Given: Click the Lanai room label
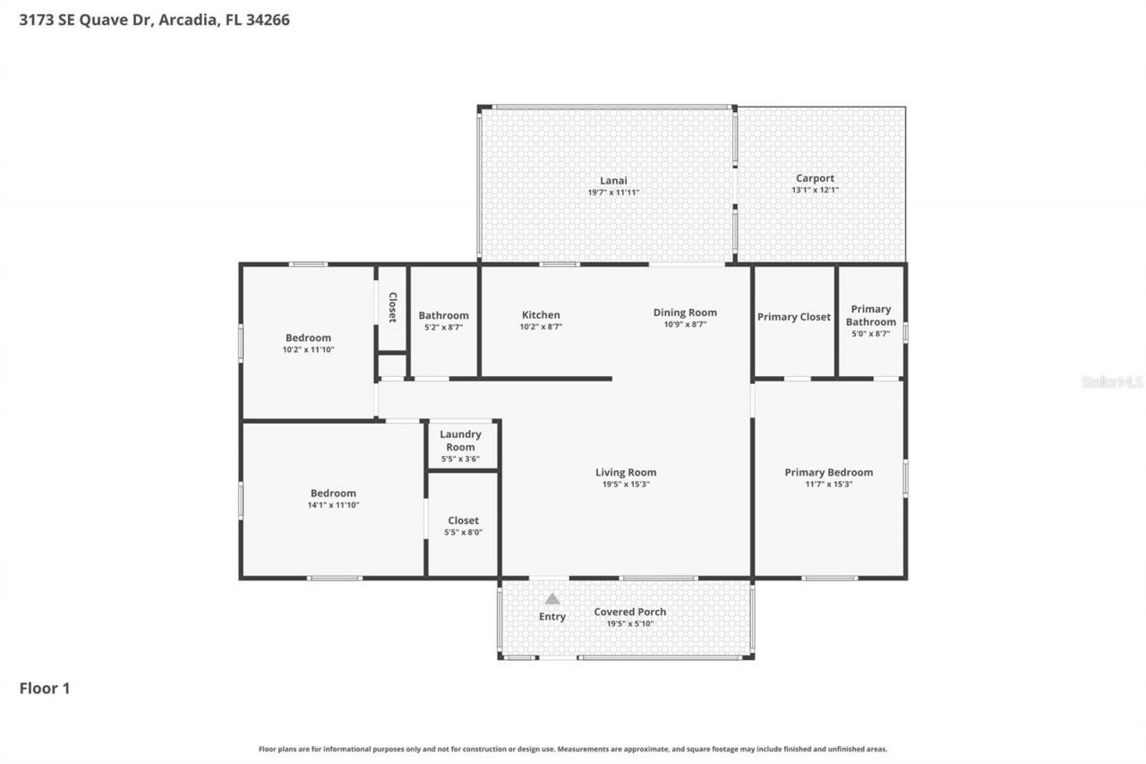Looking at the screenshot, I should (x=613, y=179).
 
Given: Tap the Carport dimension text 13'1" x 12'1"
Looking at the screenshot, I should (x=815, y=190).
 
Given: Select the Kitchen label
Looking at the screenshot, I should (x=541, y=315).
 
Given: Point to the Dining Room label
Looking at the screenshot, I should (x=685, y=313).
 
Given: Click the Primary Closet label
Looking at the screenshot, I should (x=794, y=317).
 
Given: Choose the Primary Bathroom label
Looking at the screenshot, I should (x=870, y=315).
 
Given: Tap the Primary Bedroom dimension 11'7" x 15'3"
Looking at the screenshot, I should (x=828, y=484).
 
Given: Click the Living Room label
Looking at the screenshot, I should (x=626, y=472).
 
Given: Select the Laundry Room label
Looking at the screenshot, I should (x=460, y=441).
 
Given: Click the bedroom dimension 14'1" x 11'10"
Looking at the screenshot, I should (x=333, y=505).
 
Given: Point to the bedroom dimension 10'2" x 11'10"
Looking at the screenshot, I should (x=308, y=349).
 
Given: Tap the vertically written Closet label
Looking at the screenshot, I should (x=392, y=307).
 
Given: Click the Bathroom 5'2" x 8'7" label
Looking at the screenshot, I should (x=443, y=315).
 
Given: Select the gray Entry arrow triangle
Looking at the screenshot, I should (x=552, y=599).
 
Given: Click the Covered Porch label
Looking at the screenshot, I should (x=629, y=612).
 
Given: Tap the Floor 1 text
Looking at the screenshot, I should (x=45, y=689).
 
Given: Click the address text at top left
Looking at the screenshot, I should (x=154, y=20).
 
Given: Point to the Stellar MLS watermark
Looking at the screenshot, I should (x=1112, y=382).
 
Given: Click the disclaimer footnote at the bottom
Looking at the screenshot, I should (x=573, y=749).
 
